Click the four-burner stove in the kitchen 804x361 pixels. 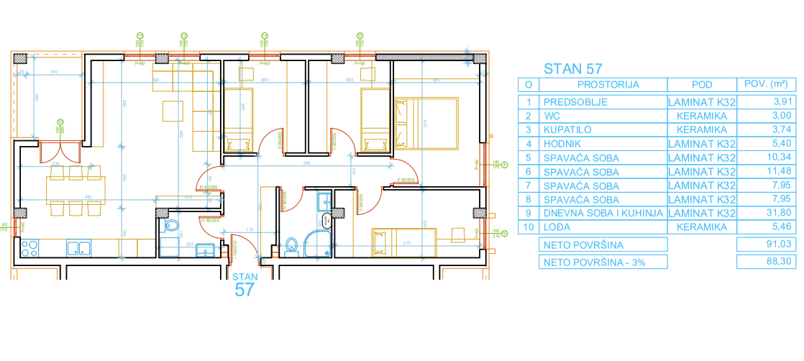[x=29, y=249]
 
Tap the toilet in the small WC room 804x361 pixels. [x=171, y=227]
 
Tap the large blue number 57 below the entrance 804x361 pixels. [x=245, y=290]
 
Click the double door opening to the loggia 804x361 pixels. [x=59, y=152]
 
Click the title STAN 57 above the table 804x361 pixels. [x=572, y=69]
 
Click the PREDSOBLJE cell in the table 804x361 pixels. [x=575, y=102]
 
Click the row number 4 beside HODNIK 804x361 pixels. [x=529, y=144]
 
